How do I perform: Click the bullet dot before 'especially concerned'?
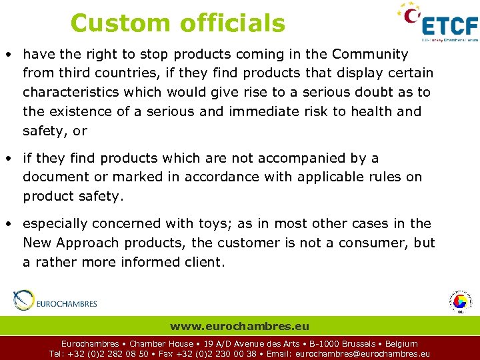(11, 223)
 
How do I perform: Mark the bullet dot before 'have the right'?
(11, 54)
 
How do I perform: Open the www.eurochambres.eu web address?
(239, 326)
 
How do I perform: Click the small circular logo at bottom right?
(459, 301)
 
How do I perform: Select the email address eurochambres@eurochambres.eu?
(362, 354)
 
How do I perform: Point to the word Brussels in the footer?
(357, 344)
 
